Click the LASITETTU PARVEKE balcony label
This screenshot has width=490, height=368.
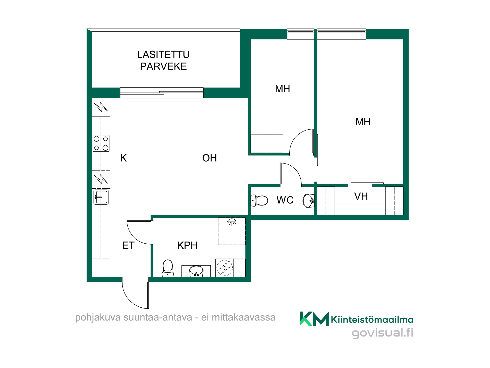163,60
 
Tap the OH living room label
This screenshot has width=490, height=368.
210,158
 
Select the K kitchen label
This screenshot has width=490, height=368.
124,158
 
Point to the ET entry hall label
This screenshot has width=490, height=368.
128,245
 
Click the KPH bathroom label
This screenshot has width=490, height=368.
187,245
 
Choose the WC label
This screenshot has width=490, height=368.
285,200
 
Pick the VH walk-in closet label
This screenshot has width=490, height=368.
361,196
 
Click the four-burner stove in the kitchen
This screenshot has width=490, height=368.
101,143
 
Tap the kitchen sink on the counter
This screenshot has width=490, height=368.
101,197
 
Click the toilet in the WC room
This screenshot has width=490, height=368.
259,200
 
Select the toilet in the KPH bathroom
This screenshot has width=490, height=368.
168,268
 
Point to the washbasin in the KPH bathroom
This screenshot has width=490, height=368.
196,271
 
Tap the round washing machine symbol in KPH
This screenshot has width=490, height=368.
225,268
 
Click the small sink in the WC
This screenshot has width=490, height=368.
309,201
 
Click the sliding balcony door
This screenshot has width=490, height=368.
162,93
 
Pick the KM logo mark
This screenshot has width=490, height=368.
314,319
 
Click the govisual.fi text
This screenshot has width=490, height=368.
383,333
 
